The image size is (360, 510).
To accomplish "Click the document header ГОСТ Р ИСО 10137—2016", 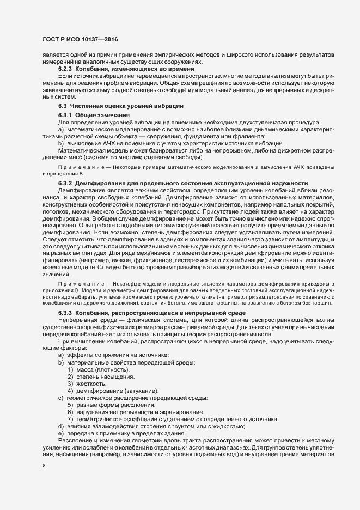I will [x=80, y=39].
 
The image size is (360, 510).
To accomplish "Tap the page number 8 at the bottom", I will [x=44, y=466].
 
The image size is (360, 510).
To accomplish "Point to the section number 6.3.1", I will [x=65, y=115].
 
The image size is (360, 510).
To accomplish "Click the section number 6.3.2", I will [x=65, y=182].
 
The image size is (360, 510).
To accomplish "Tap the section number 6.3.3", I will [x=65, y=313].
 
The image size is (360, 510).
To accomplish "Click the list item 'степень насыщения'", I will [x=105, y=377].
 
